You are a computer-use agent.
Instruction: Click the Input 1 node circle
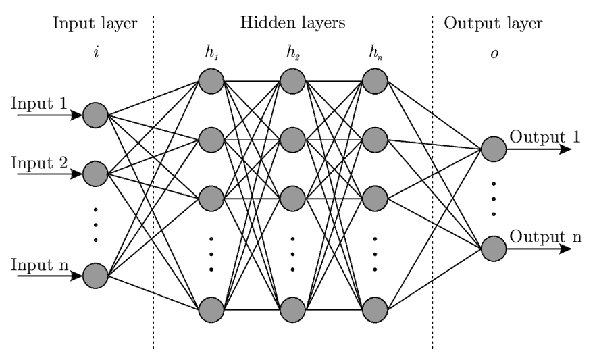pos(96,115)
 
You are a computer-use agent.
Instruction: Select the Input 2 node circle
pos(96,174)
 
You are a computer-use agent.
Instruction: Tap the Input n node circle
pos(96,276)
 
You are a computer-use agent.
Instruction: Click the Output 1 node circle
pos(494,149)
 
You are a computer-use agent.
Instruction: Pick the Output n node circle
pos(494,249)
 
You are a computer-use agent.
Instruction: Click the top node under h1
pos(211,81)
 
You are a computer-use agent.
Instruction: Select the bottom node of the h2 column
pos(293,310)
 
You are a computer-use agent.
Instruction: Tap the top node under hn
pos(375,81)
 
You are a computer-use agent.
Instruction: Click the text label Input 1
pos(39,103)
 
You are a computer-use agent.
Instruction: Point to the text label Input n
pos(40,265)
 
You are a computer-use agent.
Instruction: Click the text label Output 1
pos(545,137)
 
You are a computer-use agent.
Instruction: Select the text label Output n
pos(546,236)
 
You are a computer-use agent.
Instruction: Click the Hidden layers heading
pos(293,22)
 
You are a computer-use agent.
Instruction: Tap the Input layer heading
pos(95,24)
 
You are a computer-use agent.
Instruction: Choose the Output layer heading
pos(494,24)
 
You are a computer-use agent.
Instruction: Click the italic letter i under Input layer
pos(97,52)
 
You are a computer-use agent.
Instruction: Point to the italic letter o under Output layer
pos(494,54)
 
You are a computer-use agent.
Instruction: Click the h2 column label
pos(293,53)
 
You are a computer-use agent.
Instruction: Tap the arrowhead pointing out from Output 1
pos(565,149)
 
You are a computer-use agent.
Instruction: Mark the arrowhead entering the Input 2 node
pos(76,174)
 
